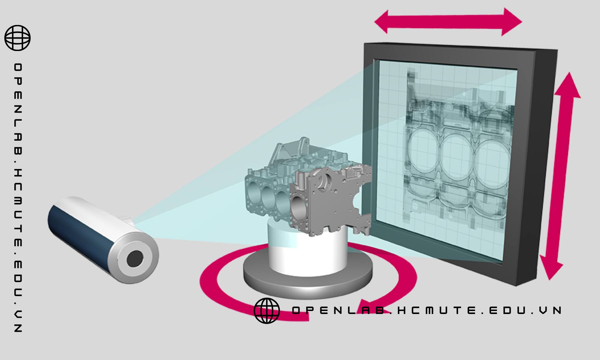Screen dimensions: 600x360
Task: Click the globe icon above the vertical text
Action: [17, 38]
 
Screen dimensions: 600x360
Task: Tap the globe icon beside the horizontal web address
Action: [267, 311]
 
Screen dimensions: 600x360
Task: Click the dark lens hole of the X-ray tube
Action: [135, 259]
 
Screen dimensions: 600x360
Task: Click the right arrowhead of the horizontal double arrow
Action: [512, 22]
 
